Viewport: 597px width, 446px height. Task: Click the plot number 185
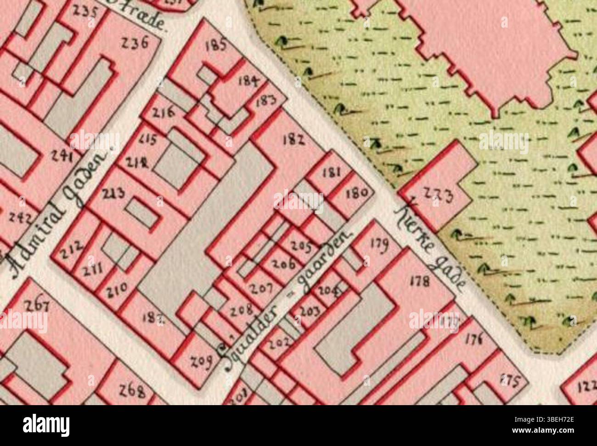(217, 45)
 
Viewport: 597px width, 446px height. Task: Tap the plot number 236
(135, 43)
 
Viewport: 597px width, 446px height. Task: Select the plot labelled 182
(293, 140)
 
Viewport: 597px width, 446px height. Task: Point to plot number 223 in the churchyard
(438, 196)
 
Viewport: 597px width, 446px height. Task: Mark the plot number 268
(132, 391)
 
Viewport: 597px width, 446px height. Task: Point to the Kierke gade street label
(431, 248)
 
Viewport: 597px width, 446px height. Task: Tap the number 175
(511, 381)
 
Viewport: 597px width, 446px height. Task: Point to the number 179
(379, 244)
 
